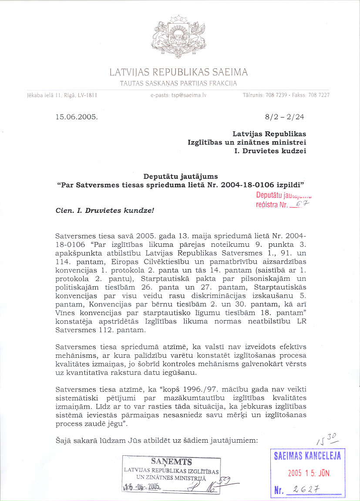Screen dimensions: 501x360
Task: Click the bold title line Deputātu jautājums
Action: (x=181, y=176)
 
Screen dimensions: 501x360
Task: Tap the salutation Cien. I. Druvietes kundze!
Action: (x=105, y=210)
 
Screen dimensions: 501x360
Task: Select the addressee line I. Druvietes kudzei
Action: (x=270, y=151)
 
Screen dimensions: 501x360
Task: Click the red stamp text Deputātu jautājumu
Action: (x=283, y=195)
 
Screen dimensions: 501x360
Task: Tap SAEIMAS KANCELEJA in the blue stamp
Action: (x=307, y=456)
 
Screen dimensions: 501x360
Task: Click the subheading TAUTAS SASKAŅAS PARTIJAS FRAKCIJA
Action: (x=178, y=83)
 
